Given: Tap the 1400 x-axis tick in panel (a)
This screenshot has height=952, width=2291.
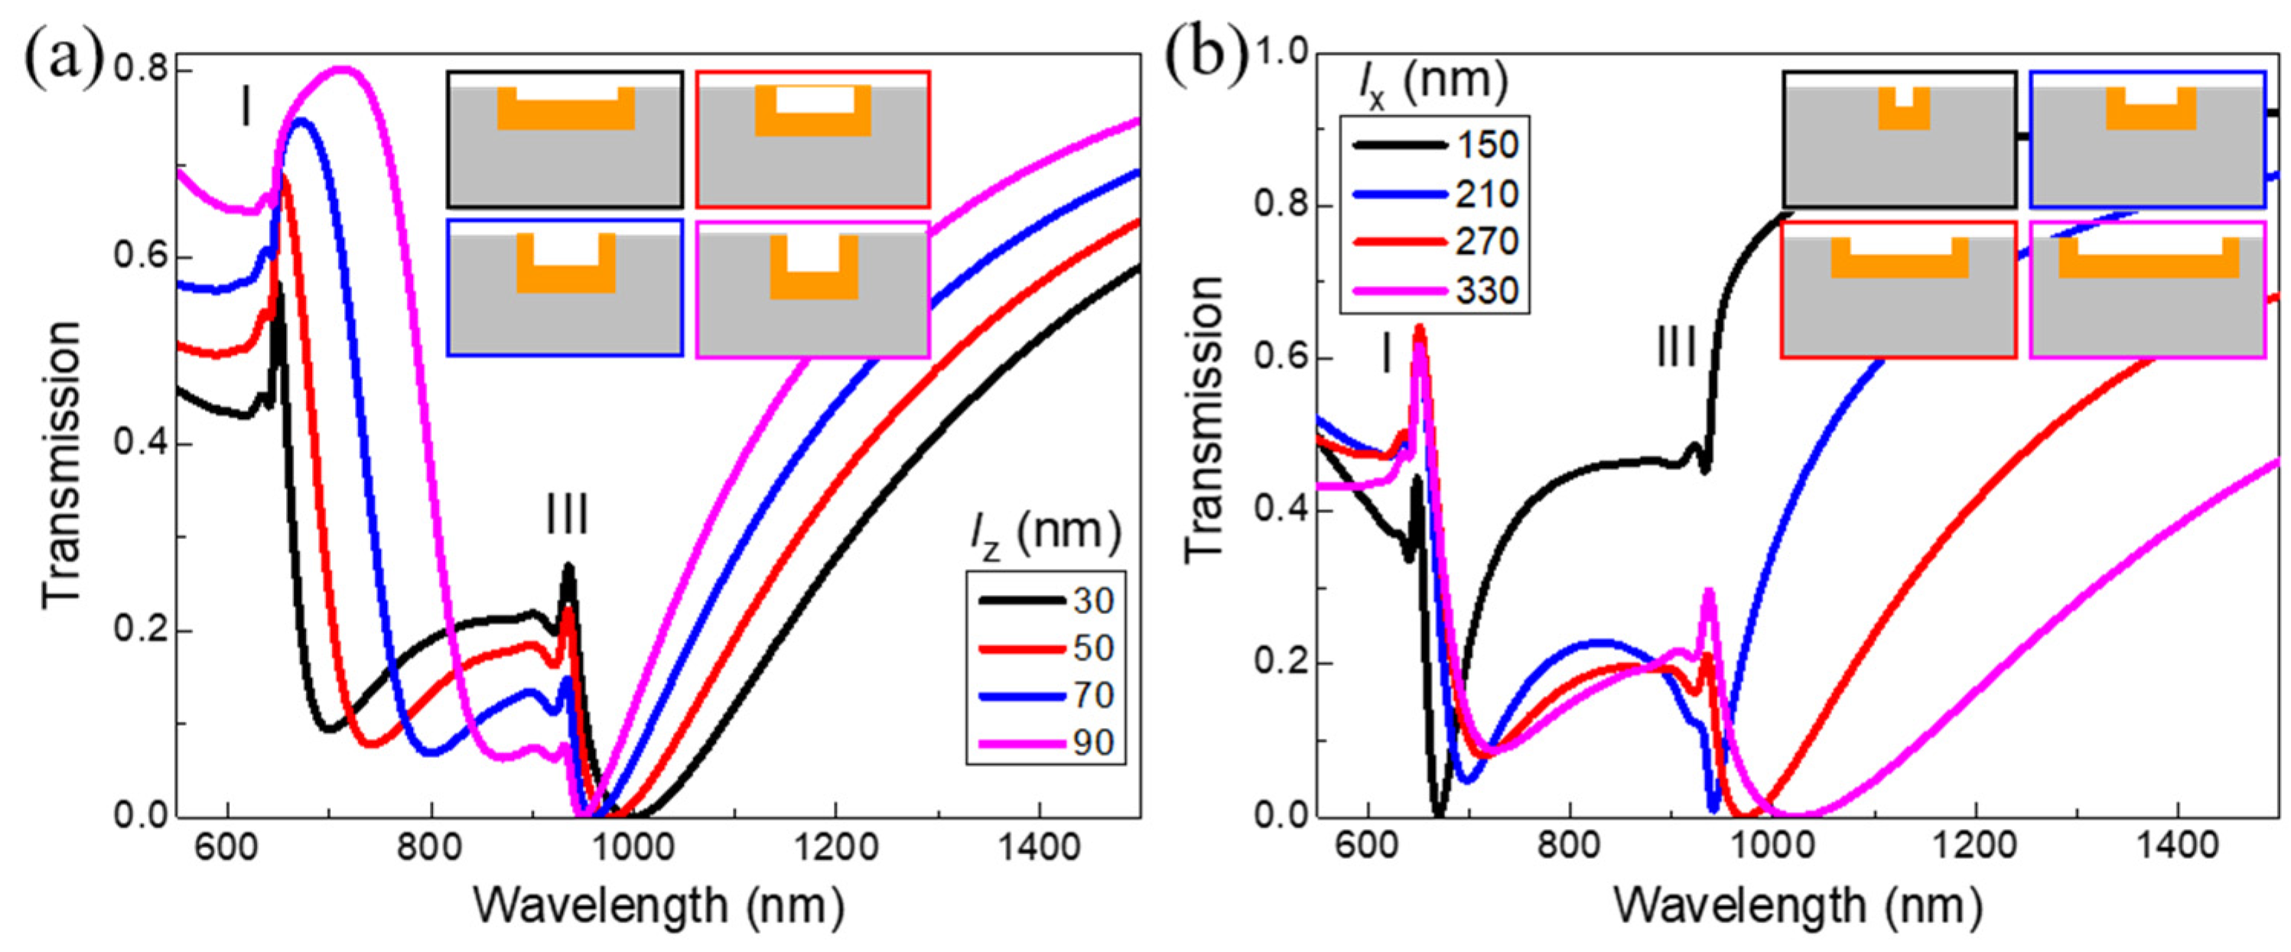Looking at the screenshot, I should [1039, 847].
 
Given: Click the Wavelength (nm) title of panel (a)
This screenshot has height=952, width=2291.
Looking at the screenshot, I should [658, 907].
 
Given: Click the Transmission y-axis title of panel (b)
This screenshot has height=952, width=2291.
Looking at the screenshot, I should [1204, 418].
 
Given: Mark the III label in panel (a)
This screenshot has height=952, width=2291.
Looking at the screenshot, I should [567, 515].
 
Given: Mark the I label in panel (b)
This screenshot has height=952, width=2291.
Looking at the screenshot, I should [1385, 356].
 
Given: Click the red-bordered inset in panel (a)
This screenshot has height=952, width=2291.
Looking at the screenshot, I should [812, 140].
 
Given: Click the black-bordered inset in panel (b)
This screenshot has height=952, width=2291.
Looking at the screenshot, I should [1899, 140].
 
